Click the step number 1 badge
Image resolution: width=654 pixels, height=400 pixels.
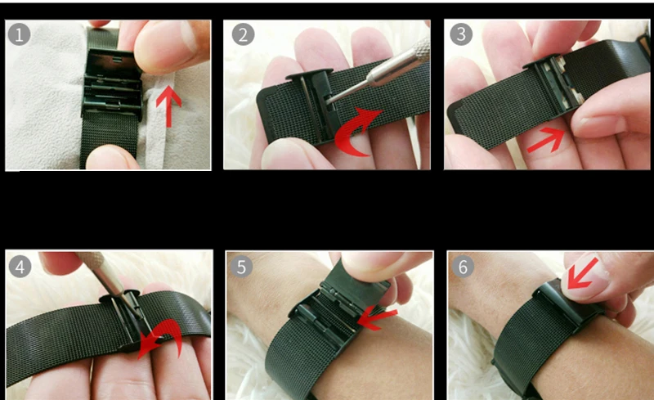pos(19,34)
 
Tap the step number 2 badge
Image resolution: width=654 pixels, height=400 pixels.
pos(243,34)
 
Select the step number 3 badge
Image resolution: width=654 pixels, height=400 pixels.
pos(461,34)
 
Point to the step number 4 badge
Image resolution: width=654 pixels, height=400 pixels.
pos(20,267)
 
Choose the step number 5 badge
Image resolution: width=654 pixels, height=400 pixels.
pos(241,267)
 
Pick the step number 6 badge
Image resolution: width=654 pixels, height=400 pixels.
pos(463,267)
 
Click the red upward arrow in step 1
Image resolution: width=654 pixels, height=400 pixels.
pos(168,106)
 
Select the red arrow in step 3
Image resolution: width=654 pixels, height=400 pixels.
pos(546,140)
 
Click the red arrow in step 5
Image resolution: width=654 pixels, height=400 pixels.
pos(376,319)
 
